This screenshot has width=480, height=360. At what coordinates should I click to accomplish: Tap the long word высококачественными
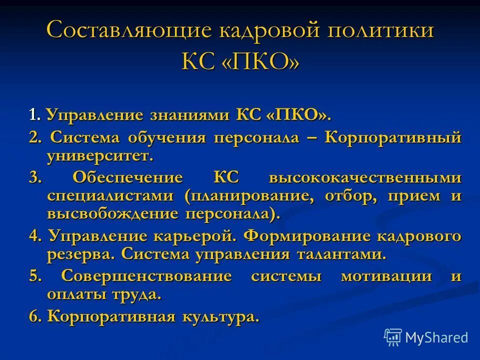[365, 177]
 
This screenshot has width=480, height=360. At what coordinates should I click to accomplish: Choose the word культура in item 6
[221, 316]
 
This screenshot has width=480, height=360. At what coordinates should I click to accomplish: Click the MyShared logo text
[436, 337]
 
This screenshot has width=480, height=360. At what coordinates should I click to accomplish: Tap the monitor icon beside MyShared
[393, 337]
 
